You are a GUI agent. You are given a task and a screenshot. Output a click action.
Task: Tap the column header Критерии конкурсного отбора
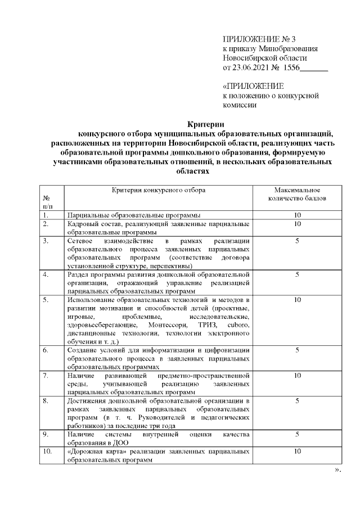[158, 190]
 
